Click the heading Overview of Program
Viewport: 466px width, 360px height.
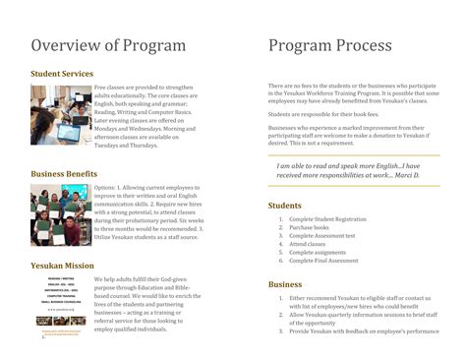pyautogui.click(x=108, y=45)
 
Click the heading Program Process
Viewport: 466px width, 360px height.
pyautogui.click(x=329, y=45)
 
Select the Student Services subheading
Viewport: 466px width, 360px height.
pyautogui.click(x=62, y=74)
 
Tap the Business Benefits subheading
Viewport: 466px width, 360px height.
pyautogui.click(x=64, y=174)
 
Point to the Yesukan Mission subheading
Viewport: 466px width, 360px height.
pyautogui.click(x=63, y=266)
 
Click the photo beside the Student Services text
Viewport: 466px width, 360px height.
pyautogui.click(x=60, y=115)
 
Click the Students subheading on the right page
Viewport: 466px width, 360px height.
pyautogui.click(x=285, y=206)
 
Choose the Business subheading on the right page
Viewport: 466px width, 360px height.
pyautogui.click(x=285, y=284)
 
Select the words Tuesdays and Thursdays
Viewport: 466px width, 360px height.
pyautogui.click(x=126, y=146)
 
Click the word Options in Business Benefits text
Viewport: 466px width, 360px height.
pyautogui.click(x=105, y=186)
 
